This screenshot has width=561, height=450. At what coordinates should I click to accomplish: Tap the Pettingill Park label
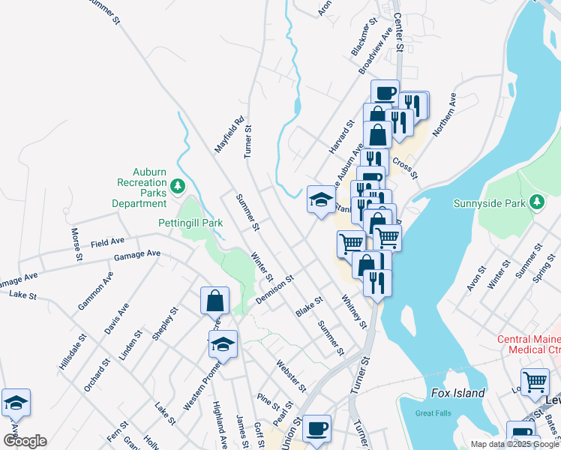pyautogui.click(x=190, y=223)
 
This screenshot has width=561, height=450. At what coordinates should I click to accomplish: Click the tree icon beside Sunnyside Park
pyautogui.click(x=537, y=202)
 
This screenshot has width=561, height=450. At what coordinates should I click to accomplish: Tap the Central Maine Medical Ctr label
pyautogui.click(x=529, y=344)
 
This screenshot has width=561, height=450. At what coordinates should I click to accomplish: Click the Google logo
pyautogui.click(x=25, y=441)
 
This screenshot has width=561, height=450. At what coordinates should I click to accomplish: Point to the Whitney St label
pyautogui.click(x=354, y=311)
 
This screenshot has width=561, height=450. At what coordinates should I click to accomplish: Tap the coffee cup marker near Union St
pyautogui.click(x=316, y=429)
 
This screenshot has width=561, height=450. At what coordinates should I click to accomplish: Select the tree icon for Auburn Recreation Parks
pyautogui.click(x=177, y=184)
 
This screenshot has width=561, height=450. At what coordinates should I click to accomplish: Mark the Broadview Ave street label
pyautogui.click(x=376, y=51)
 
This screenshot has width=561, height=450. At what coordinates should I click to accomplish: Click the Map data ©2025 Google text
pyautogui.click(x=514, y=444)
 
